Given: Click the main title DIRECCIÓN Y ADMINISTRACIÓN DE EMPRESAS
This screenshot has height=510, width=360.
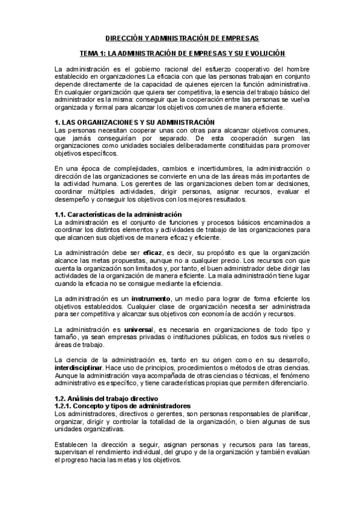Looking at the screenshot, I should [179, 38].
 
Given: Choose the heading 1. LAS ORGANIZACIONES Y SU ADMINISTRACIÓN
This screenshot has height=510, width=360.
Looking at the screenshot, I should [134, 122].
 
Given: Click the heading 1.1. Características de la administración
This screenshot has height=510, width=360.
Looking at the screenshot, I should [117, 215].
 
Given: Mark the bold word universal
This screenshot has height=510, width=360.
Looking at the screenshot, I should [139, 330].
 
